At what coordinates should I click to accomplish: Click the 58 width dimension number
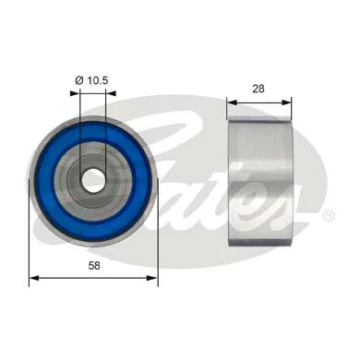coord(93,265)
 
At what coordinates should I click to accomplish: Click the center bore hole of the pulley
coord(93,179)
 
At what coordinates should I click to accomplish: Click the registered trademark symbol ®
coord(329,215)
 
